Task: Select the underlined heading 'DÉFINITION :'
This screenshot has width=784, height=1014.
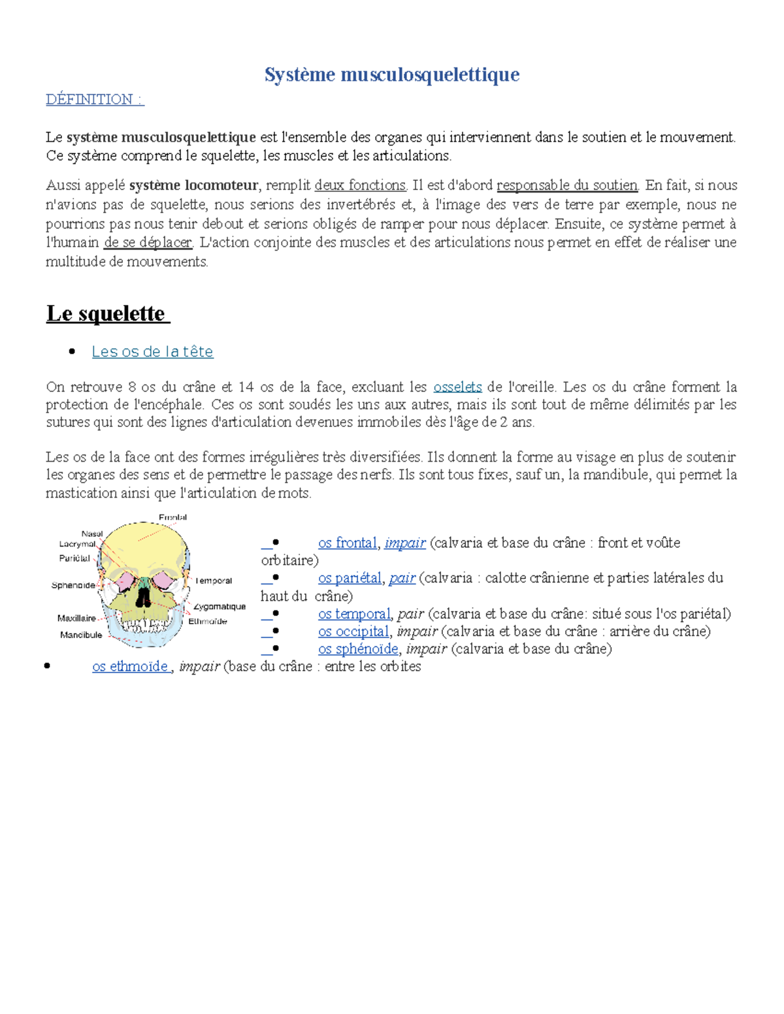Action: [94, 99]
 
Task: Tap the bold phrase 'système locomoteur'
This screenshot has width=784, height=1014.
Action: [193, 185]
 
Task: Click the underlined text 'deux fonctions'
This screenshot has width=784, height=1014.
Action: [360, 185]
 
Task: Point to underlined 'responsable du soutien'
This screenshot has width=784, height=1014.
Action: [566, 185]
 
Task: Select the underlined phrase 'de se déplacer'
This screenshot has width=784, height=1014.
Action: [148, 242]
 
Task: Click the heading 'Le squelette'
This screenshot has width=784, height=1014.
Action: [106, 313]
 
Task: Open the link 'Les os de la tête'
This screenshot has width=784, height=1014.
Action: [152, 351]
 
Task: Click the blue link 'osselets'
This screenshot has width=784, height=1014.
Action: [457, 387]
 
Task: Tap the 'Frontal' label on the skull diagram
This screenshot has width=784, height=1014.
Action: [172, 517]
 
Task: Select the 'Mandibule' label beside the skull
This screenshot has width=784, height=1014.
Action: [81, 635]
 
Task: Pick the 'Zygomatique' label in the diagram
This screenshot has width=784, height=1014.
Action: [220, 607]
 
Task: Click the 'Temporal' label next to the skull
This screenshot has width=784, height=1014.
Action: [214, 580]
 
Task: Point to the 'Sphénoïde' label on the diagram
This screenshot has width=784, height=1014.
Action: [73, 585]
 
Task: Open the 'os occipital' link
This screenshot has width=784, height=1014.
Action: [353, 631]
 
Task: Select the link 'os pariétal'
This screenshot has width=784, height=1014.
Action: [350, 578]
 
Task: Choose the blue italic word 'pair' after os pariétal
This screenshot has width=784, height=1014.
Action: [402, 578]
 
